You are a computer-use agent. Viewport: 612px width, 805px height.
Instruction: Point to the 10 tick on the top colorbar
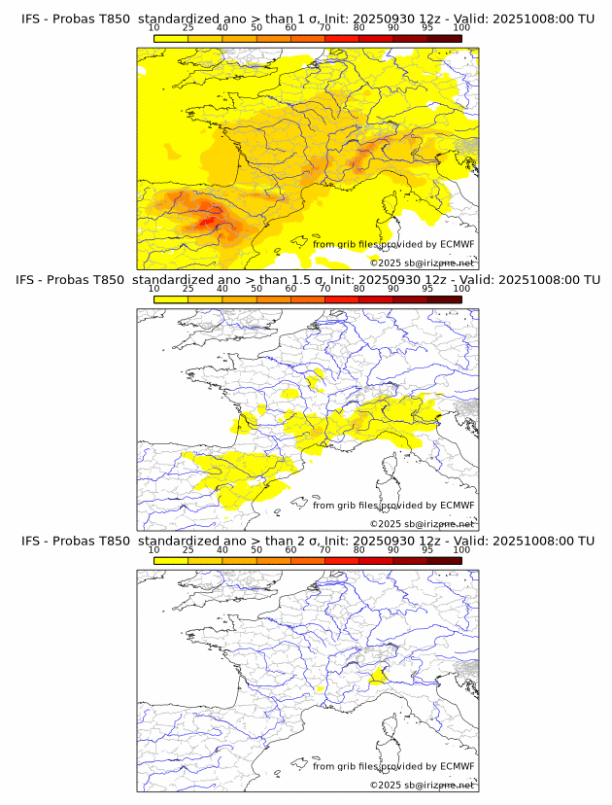coord(154,28)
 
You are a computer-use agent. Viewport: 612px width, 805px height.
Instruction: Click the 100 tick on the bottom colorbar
coord(461,550)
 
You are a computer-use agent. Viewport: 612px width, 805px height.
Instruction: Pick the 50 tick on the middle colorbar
coord(256,289)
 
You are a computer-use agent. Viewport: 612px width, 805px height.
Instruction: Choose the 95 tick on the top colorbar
coord(427,28)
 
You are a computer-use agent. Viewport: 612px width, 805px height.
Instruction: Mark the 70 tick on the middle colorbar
coord(324,289)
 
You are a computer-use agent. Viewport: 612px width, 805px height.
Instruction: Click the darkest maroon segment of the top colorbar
coord(444,37)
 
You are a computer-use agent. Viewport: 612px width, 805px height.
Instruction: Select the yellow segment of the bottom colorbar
coord(171,560)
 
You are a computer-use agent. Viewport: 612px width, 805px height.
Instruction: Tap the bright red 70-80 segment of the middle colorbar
coord(342,298)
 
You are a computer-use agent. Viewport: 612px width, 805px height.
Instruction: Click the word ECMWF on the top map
coord(457,244)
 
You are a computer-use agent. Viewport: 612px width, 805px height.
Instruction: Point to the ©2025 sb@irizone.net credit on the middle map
coord(422,523)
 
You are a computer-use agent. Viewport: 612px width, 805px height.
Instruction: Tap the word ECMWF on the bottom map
coord(457,766)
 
